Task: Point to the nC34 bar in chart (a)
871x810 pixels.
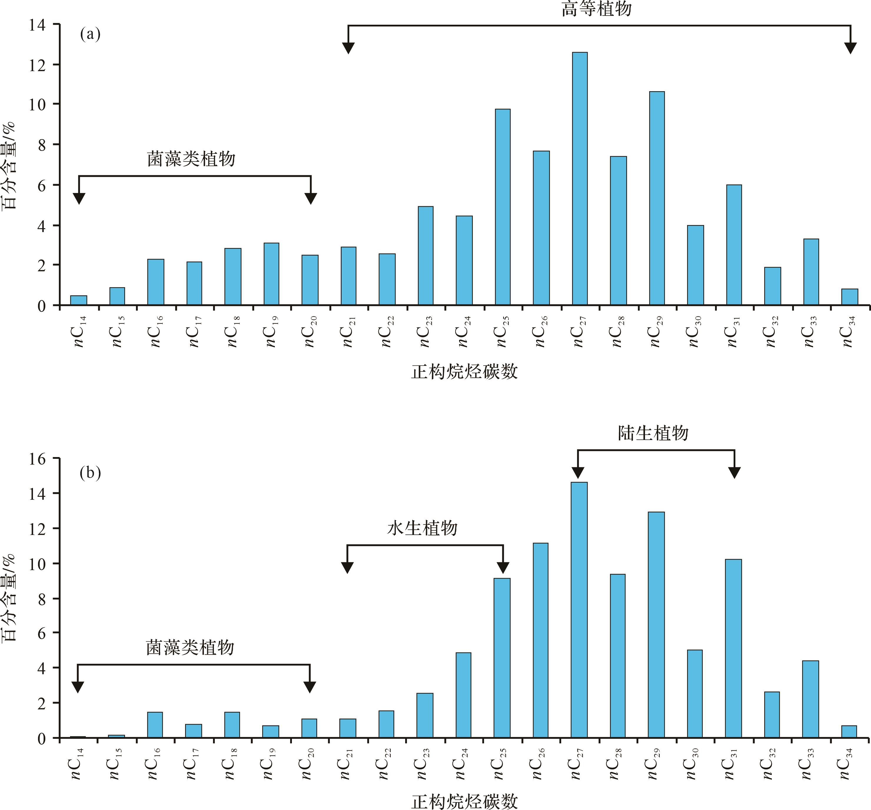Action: [850, 297]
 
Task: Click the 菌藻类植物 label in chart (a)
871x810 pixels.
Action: [191, 159]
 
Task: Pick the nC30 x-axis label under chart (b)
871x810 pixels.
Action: [692, 764]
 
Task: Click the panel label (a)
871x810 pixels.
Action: [90, 34]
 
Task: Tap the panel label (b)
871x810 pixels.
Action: [90, 473]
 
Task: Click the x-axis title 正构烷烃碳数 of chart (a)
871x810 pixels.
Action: [464, 372]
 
